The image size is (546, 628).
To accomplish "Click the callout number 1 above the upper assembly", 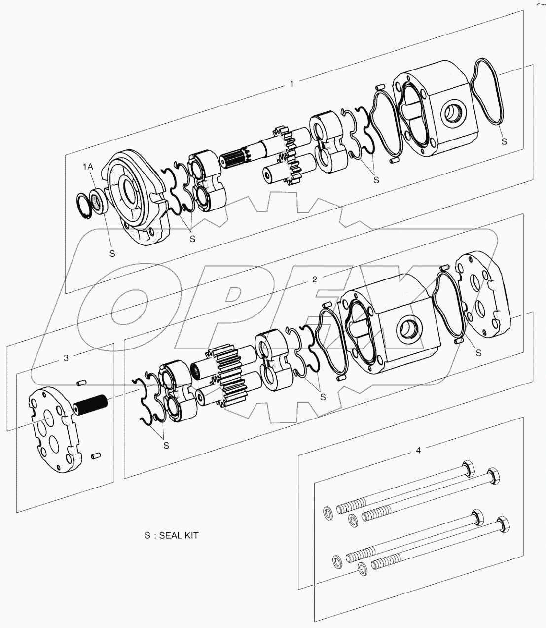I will pyautogui.click(x=291, y=84).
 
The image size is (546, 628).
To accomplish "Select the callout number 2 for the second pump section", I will pyautogui.click(x=315, y=279).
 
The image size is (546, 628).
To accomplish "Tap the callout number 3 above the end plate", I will pyautogui.click(x=66, y=358).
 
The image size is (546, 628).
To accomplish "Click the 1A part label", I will pyautogui.click(x=87, y=167).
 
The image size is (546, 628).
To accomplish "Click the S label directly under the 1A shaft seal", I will pyautogui.click(x=112, y=253).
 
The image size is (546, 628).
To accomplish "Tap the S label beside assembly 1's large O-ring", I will pyautogui.click(x=504, y=141).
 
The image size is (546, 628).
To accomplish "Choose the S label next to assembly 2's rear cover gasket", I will pyautogui.click(x=478, y=353).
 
